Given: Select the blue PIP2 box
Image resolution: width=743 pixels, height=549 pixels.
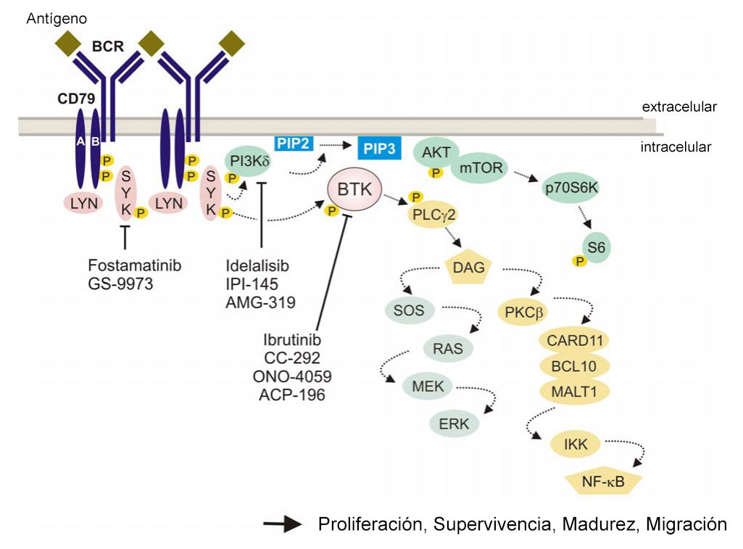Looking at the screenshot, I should click(293, 143).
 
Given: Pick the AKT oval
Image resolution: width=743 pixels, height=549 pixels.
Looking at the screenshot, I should click(435, 152).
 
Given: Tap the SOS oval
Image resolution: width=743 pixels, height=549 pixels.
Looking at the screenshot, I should click(410, 312).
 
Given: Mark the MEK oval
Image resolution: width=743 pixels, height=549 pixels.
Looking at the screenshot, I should click(427, 386).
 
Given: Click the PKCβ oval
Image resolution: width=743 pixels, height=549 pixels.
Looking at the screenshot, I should click(526, 313).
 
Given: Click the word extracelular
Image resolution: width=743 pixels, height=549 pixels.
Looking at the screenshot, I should click(679, 107).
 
